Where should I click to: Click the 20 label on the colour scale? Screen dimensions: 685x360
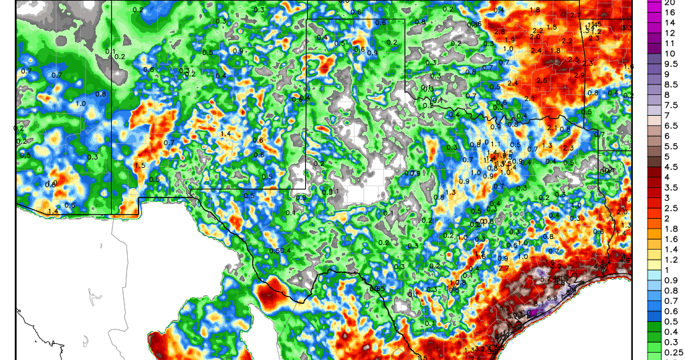click(x=666, y=2)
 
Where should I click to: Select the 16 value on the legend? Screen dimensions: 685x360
click(x=666, y=12)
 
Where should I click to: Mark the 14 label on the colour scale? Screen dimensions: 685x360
click(x=666, y=22)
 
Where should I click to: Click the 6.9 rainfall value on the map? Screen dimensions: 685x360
click(x=553, y=298)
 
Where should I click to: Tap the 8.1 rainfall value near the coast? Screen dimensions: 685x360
click(x=539, y=304)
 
